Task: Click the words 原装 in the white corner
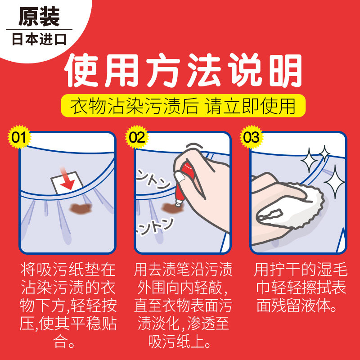39,17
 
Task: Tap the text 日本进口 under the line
39,39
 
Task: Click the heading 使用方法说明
183,70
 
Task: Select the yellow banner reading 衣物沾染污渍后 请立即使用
183,106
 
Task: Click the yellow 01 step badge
19,137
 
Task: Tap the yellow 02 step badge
137,137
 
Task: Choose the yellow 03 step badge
252,137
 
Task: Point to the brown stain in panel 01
81,208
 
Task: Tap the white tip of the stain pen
178,203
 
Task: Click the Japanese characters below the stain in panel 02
154,226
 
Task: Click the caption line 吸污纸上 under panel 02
179,342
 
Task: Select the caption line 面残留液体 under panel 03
297,306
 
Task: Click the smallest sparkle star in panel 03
324,153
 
